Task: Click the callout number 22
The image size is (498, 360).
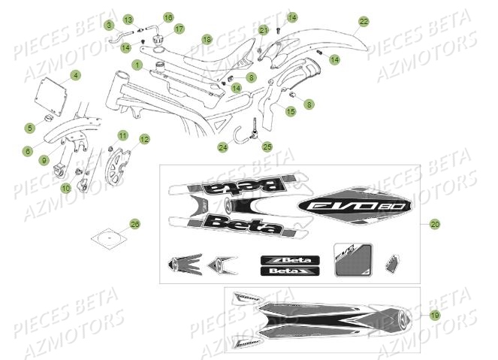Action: (x=364, y=22)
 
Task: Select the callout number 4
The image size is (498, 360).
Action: (x=75, y=74)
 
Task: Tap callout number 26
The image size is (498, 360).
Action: (x=135, y=224)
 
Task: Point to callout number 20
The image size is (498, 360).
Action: (x=436, y=224)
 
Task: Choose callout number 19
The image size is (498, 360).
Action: (x=436, y=316)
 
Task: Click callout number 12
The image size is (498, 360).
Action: (x=144, y=138)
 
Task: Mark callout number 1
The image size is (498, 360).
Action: (x=137, y=65)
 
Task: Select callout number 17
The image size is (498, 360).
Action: (x=179, y=29)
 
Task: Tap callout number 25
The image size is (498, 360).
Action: (x=267, y=147)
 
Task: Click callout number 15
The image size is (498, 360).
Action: (x=291, y=110)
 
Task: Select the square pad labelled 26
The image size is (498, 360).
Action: (x=110, y=237)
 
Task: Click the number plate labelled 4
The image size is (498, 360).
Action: (x=52, y=96)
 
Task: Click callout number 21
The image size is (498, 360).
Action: (x=264, y=29)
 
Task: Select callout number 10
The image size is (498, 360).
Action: (x=65, y=188)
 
